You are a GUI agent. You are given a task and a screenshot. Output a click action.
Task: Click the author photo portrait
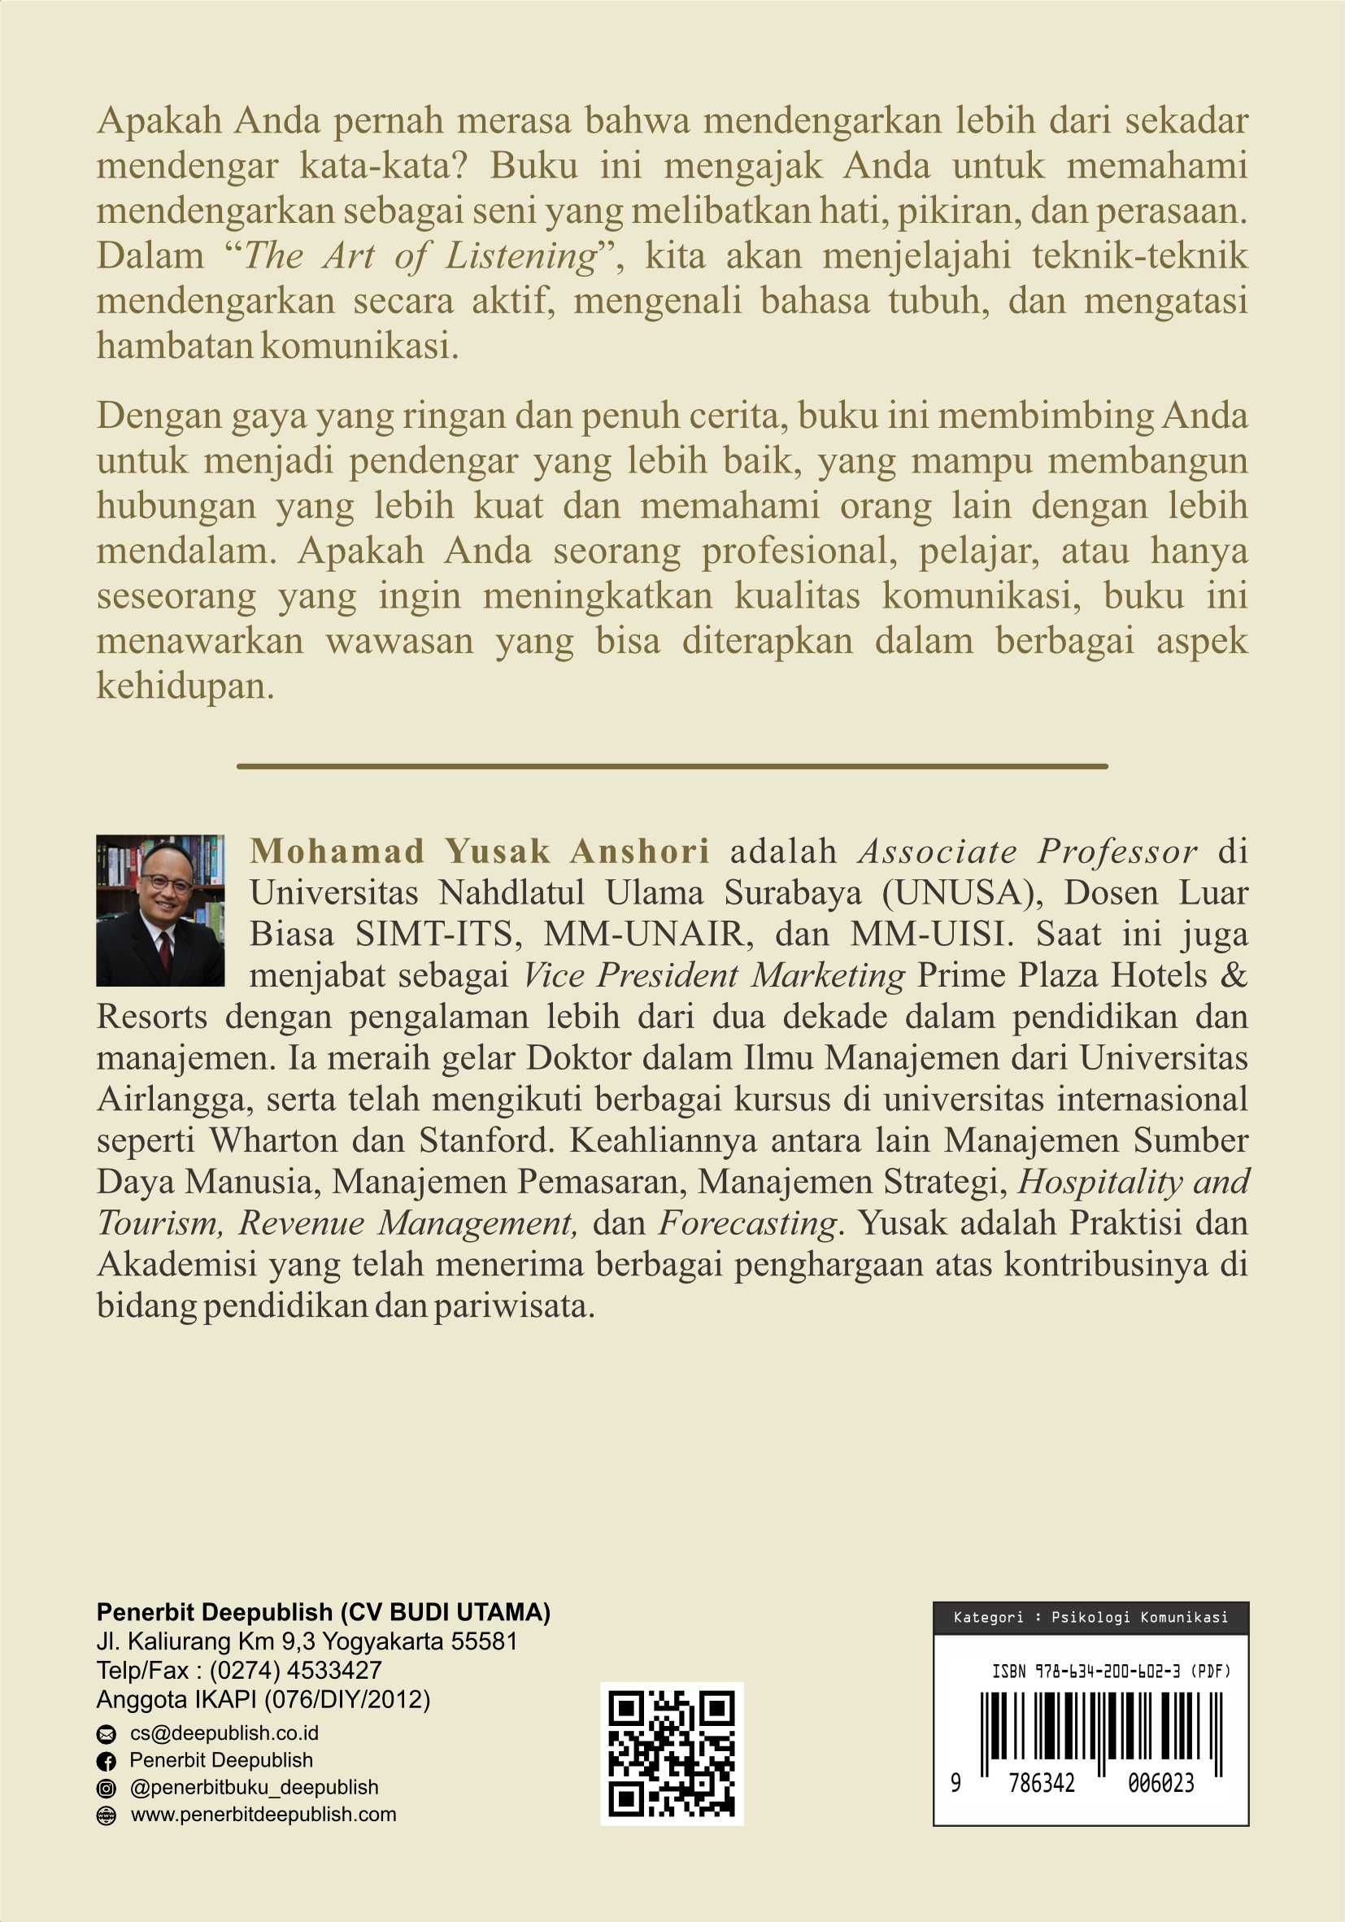pyautogui.click(x=160, y=910)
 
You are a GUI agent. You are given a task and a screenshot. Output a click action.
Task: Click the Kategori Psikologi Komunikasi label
pyautogui.click(x=1090, y=1617)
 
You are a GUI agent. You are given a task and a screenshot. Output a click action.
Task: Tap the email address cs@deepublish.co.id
pyautogui.click(x=224, y=1732)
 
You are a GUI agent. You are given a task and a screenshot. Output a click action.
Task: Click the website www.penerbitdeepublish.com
pyautogui.click(x=263, y=1814)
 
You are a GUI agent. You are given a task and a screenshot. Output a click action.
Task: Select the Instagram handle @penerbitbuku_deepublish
pyautogui.click(x=254, y=1787)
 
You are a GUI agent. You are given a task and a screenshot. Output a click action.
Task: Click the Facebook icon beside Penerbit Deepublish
pyautogui.click(x=107, y=1761)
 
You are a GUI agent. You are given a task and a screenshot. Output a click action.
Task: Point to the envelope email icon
pyautogui.click(x=107, y=1733)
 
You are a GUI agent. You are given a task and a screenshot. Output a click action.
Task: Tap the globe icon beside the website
pyautogui.click(x=107, y=1815)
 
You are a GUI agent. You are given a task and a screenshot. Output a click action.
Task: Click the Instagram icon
pyautogui.click(x=107, y=1788)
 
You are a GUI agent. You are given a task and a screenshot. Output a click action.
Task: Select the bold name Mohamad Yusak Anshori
pyautogui.click(x=480, y=852)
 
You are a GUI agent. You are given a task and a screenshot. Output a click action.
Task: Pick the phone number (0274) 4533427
pyautogui.click(x=295, y=1670)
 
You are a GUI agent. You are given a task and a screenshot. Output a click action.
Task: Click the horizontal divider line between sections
pyautogui.click(x=672, y=766)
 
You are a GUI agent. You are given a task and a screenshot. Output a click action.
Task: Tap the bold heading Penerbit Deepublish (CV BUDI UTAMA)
pyautogui.click(x=323, y=1612)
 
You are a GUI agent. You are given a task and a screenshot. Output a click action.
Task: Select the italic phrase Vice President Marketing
pyautogui.click(x=714, y=975)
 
